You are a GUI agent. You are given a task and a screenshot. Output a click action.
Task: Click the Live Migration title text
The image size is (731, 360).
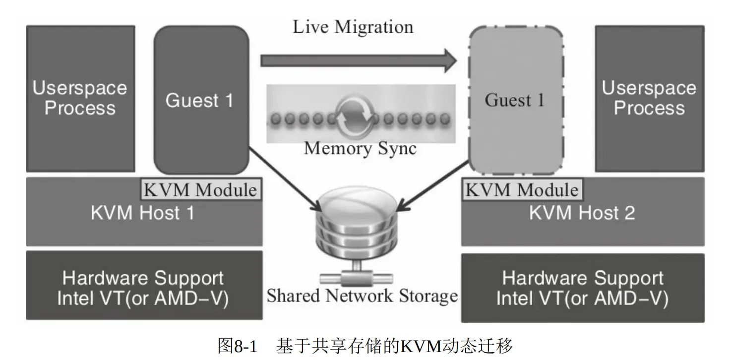pos(353,27)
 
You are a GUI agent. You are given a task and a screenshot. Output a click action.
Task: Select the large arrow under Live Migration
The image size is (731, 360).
pos(359,60)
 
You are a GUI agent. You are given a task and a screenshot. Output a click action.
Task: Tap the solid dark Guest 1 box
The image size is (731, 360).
pos(201,100)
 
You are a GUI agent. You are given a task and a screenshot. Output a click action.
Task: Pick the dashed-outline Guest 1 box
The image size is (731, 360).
pos(516,100)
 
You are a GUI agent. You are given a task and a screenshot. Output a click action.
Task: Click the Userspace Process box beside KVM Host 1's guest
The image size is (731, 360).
pos(81,99)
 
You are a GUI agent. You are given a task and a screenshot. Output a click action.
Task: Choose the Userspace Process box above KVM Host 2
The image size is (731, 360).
pos(649,99)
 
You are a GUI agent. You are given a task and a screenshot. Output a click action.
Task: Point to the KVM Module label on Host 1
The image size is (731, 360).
pos(201,189)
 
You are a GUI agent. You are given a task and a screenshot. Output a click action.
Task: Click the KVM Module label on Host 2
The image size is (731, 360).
pos(523,189)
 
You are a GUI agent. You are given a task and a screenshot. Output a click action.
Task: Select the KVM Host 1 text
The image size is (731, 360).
pos(143,213)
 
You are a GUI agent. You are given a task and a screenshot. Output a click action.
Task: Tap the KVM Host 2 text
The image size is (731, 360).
pos(582,213)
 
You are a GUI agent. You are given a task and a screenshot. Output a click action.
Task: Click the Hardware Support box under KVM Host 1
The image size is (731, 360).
pos(144,285)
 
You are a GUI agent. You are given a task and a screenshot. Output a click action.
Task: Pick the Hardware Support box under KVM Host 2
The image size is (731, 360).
pos(583,288)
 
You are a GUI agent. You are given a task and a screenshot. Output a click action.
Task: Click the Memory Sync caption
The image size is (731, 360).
pos(360,149)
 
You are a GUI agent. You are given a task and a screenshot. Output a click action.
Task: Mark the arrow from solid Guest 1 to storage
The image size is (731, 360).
pos(286,179)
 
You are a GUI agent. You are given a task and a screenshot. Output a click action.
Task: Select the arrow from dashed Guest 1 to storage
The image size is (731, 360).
pos(432,186)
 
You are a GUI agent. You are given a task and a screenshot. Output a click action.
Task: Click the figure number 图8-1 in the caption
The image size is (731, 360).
pos(238,346)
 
